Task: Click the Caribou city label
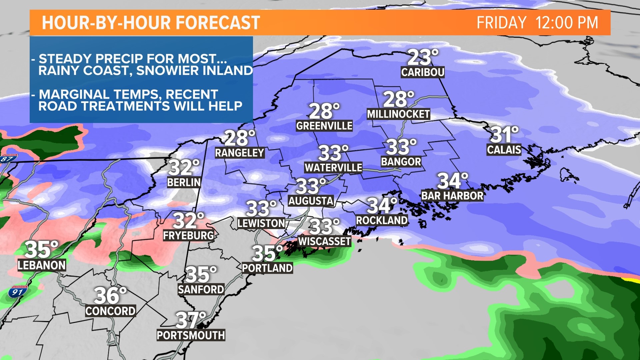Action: coord(423,72)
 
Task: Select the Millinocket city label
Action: coord(398,114)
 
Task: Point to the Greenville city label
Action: coord(324,126)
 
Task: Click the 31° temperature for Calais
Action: coord(504,135)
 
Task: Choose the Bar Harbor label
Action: coord(452,196)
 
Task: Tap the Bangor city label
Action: coord(401,162)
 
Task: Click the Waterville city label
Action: coord(333,168)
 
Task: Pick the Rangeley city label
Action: coord(240,153)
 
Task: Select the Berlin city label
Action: coord(184,183)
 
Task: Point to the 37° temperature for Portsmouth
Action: coord(191,320)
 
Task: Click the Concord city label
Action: coord(110,311)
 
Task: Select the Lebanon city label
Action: coord(42,265)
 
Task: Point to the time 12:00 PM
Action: coord(567,23)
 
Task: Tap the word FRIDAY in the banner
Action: coord(501,23)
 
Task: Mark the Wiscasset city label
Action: coord(324,241)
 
